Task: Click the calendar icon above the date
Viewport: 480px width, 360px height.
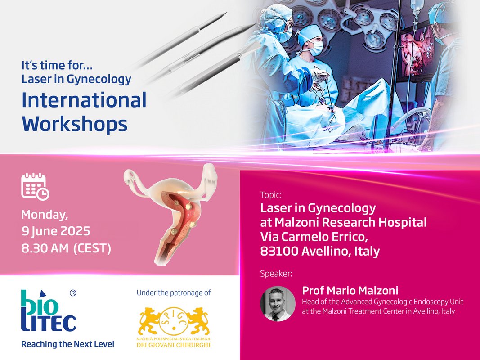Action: coord(35,186)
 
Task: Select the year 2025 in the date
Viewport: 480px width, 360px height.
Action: coord(76,231)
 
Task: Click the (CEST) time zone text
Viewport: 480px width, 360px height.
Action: coord(92,248)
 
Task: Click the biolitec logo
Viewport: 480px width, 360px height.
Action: coord(49,311)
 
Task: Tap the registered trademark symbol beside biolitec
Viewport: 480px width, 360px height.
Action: coord(73,293)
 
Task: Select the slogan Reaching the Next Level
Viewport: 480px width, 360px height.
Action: coord(67,344)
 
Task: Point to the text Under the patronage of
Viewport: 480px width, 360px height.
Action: coord(174,292)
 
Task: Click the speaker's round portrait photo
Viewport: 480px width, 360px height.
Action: coord(278,304)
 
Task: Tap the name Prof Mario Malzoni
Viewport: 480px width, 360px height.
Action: coord(350,290)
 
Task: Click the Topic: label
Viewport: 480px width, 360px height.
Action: coord(271,195)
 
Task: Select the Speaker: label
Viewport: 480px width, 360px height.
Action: coord(276,273)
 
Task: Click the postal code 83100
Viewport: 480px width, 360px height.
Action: coord(279,252)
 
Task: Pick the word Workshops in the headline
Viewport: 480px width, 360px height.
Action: coord(75,125)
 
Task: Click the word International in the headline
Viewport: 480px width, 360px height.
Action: coord(84,100)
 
